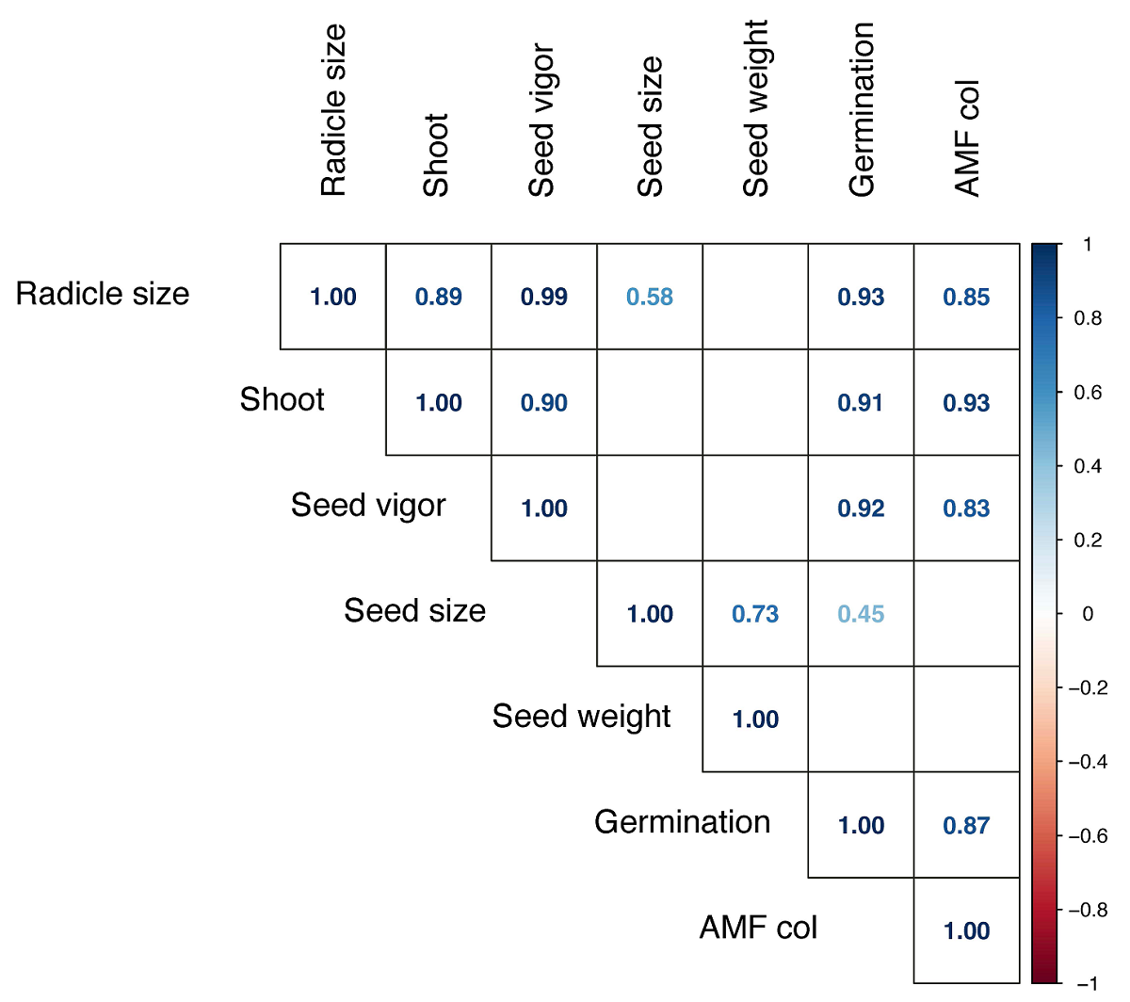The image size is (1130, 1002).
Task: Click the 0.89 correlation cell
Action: point(439,298)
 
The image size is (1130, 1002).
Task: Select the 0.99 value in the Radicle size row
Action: point(544,298)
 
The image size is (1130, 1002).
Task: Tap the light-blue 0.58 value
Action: point(650,298)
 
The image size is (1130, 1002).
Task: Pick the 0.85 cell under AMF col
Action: point(966,298)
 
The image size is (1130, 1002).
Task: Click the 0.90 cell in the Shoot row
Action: point(544,403)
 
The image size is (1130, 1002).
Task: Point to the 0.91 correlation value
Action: point(861,403)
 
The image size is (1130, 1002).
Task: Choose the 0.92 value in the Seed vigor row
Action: point(861,509)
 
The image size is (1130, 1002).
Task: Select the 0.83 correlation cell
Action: point(966,509)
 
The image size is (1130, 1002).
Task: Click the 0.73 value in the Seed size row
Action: point(755,614)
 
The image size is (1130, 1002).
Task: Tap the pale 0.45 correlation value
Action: point(861,614)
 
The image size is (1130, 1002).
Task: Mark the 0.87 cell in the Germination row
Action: point(966,826)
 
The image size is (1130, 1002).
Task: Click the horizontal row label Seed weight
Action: point(581,717)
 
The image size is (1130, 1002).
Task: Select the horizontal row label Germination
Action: point(682,822)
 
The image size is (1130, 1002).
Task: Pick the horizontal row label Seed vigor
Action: point(368,506)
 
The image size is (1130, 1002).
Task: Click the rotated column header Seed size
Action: point(650,127)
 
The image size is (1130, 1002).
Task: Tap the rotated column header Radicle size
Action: point(333,110)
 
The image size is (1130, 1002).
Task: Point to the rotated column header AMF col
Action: point(967,137)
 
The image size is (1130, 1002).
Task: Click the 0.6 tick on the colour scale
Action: point(1088,393)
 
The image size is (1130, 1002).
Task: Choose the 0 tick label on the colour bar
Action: point(1088,614)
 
